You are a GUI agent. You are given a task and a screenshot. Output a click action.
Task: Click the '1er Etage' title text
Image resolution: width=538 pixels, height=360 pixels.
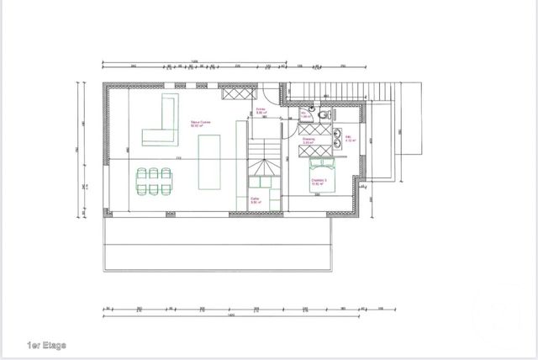click(46, 345)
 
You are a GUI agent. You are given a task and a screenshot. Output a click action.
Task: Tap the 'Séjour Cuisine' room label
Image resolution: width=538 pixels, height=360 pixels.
click(200, 123)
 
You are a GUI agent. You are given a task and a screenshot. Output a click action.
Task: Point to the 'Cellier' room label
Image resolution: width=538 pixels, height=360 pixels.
click(255, 201)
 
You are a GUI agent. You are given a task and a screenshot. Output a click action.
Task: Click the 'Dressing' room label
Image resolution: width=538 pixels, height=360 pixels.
click(309, 142)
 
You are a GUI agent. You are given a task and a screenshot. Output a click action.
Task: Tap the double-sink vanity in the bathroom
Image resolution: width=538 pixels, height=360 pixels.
click(340, 136)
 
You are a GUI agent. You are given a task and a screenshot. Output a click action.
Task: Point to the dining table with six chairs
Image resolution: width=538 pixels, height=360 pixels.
click(153, 179)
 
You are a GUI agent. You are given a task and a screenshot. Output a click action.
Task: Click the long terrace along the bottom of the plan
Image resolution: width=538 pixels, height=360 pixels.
click(219, 244)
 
